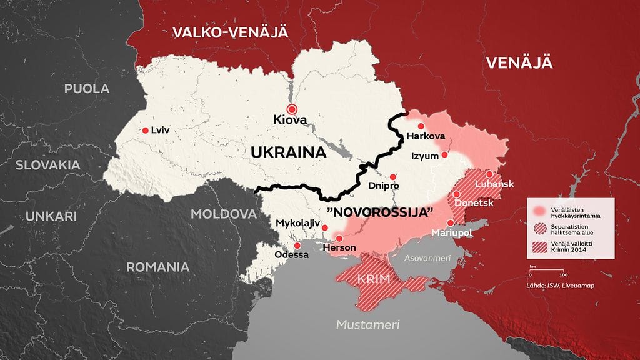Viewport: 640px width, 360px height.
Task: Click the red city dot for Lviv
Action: click(x=145, y=131)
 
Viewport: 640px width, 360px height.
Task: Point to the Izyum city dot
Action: click(x=444, y=154)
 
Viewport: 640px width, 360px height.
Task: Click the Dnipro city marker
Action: click(x=392, y=177)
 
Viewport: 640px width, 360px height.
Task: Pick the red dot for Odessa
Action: click(x=289, y=245)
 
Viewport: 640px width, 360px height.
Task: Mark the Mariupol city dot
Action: click(x=450, y=223)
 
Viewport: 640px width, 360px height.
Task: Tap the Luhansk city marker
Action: click(x=489, y=174)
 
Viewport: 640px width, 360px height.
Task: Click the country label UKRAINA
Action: click(x=290, y=152)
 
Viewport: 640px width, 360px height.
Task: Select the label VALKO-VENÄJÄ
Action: click(x=230, y=32)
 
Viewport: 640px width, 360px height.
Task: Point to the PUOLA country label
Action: click(x=87, y=88)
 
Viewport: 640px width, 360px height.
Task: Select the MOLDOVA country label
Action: click(x=223, y=214)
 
